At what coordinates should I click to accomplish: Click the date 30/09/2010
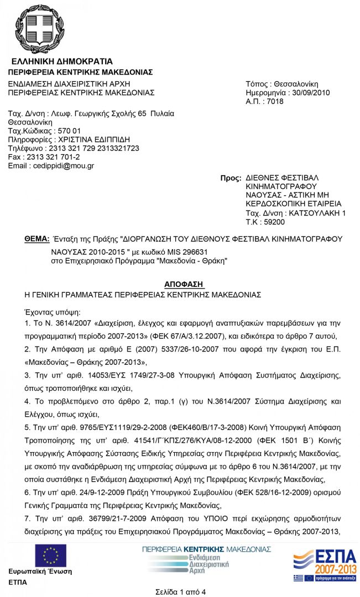pos(311,92)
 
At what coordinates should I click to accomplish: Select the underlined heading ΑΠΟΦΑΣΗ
pos(184,284)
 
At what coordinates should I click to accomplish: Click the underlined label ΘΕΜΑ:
pos(37,239)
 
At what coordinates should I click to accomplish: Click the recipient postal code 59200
pos(274,222)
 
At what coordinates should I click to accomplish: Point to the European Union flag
pos(51,556)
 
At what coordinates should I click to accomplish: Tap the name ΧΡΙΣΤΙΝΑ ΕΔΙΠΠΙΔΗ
pos(91,139)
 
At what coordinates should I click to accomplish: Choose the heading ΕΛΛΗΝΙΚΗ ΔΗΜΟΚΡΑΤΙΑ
pos(62,61)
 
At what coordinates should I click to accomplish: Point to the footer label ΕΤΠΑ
pos(18,582)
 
